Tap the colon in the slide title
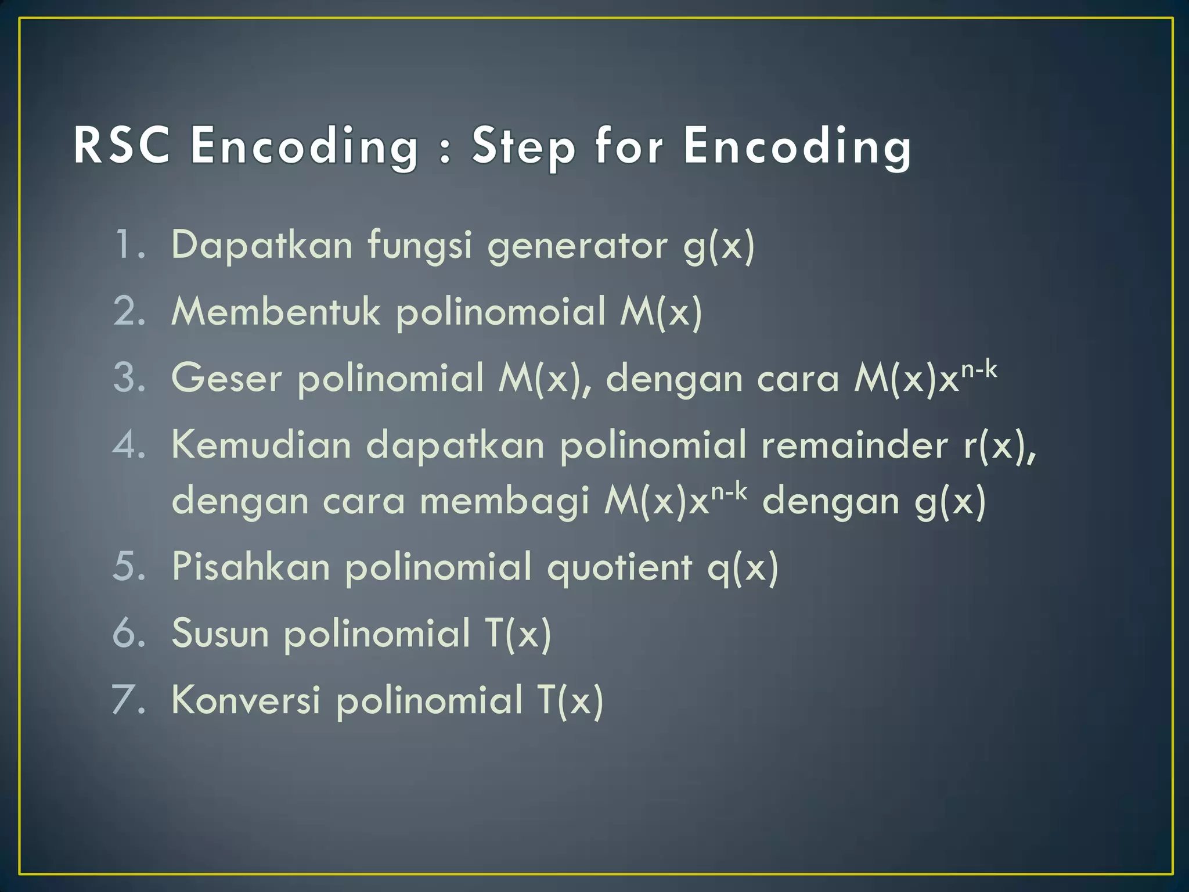[445, 152]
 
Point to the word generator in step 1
[578, 246]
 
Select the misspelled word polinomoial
[501, 312]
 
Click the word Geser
[226, 378]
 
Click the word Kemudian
[262, 445]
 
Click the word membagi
[505, 501]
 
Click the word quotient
[619, 567]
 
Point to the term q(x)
[743, 567]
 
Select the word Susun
[221, 632]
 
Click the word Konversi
[246, 699]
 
